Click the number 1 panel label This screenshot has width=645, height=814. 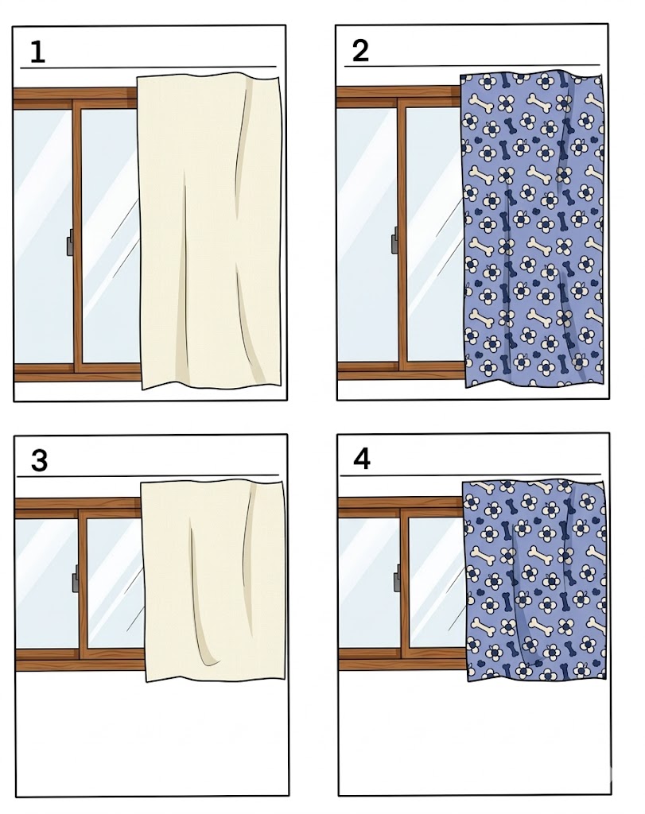pos(37,52)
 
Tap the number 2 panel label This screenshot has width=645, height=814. pos(360,51)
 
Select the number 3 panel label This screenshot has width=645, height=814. pos(40,460)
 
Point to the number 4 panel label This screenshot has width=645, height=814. pos(362,459)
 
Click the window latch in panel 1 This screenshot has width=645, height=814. pos(69,246)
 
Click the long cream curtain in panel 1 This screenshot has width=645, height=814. pos(210,231)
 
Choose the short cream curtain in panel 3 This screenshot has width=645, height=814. pos(214,581)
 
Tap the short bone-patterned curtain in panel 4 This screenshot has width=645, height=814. pos(534,579)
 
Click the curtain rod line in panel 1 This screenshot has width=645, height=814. pos(148,68)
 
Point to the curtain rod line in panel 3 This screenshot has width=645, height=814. pos(148,475)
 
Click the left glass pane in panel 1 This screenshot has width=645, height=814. pos(43,237)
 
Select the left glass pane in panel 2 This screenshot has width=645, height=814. pos(367,235)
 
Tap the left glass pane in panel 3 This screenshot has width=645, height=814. pos(47,583)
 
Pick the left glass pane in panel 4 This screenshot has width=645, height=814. pos(369,583)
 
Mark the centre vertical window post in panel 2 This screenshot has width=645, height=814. pos(402,235)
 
